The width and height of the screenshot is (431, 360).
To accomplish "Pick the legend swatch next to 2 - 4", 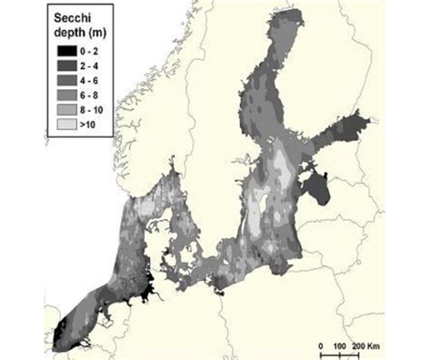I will pos(65,66).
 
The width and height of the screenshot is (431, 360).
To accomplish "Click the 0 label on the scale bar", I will pos(323,345).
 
